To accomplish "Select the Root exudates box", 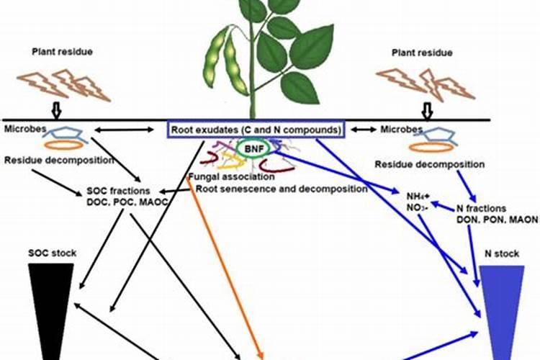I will pyautogui.click(x=256, y=130).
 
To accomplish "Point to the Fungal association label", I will pyautogui.click(x=230, y=176).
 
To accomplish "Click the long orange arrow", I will pyautogui.click(x=225, y=266).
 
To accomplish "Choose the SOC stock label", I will pyautogui.click(x=52, y=253).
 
